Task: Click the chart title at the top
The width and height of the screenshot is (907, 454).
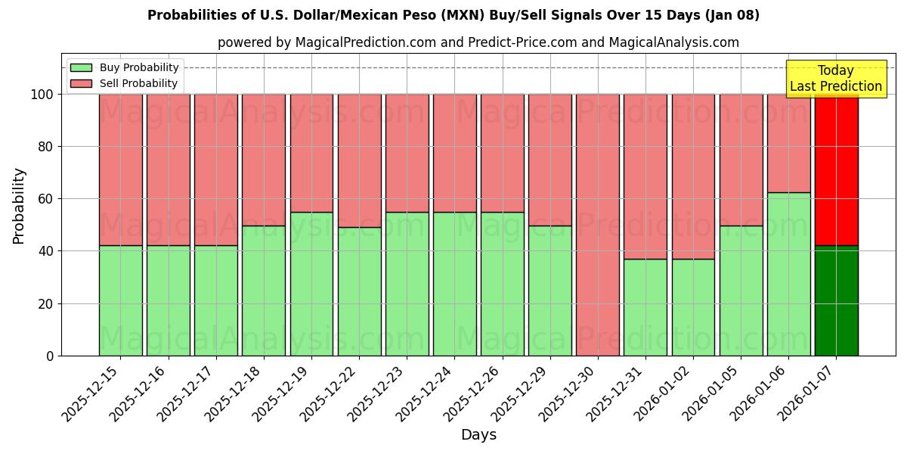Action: point(453,15)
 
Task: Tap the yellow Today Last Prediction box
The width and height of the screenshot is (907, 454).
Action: point(836,79)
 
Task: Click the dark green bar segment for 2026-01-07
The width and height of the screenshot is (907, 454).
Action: point(836,300)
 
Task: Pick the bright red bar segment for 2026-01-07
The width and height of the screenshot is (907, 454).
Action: point(836,169)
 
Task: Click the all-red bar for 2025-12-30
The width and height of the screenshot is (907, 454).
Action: point(598,225)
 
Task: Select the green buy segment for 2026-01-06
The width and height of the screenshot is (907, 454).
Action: point(788,274)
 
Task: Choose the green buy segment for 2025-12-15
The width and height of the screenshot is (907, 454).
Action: point(120,300)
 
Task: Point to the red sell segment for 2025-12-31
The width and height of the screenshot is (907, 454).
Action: point(645,176)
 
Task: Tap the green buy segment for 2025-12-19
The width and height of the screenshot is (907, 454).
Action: point(311,284)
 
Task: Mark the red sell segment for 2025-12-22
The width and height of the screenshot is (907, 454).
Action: point(359,160)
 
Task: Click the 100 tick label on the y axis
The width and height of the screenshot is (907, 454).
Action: point(42,95)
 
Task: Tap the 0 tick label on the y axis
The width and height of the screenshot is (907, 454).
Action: point(50,356)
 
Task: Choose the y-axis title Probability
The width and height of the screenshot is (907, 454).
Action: point(19,206)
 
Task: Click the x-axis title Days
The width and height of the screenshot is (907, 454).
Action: point(478,435)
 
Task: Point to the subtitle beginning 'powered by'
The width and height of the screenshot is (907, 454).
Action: point(478,42)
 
